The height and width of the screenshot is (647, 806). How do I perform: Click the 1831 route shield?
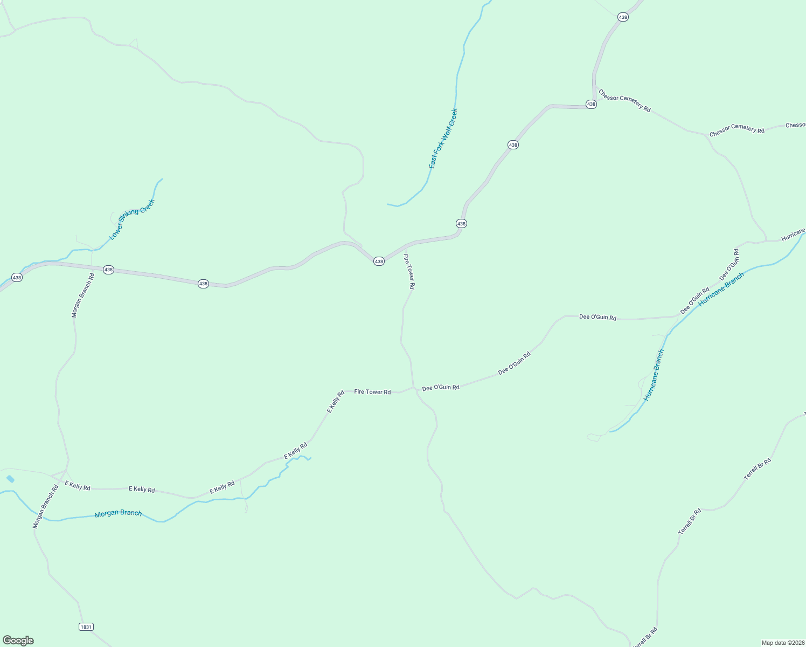pos(86,627)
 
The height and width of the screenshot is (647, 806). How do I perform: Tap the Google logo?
pos(18,641)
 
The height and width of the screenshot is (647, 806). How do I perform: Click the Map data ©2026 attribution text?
pos(782,643)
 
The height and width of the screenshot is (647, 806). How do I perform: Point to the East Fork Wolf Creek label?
pos(443,139)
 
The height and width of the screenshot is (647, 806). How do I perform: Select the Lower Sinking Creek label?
pos(131,219)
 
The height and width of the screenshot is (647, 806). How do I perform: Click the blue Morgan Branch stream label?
pos(118,513)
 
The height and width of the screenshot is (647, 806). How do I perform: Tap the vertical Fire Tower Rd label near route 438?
pos(409,272)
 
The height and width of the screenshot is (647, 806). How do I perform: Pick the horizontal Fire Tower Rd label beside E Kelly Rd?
pos(372,392)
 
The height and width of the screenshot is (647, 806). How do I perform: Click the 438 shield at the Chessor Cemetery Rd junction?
pos(591,104)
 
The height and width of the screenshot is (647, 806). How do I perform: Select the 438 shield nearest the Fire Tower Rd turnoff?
pos(379,261)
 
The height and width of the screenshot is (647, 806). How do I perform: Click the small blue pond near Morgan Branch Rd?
pos(10,479)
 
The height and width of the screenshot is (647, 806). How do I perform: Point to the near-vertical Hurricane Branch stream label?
pos(654,375)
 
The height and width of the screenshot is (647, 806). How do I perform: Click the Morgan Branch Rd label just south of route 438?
pos(83,295)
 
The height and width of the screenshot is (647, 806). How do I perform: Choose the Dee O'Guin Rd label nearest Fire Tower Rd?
pos(441,388)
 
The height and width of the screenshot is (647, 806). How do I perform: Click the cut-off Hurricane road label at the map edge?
pos(793,236)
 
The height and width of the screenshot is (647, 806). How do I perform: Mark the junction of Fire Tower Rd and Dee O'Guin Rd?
pos(413,388)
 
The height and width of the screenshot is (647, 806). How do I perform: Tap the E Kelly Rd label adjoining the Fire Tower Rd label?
pos(336,402)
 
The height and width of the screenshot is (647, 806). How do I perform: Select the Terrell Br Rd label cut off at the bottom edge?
pos(645,638)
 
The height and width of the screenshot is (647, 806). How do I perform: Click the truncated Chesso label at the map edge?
pos(795,125)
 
